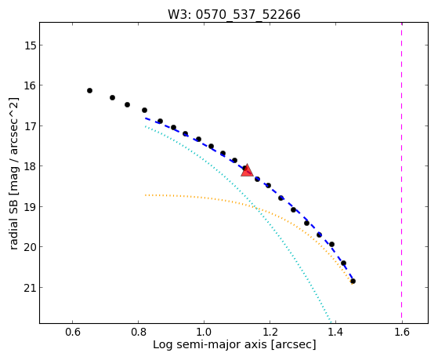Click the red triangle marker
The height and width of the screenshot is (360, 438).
pyautogui.click(x=247, y=171)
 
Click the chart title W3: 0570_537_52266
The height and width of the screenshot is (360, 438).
pyautogui.click(x=233, y=14)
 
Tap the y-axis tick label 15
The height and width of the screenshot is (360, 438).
pyautogui.click(x=30, y=45)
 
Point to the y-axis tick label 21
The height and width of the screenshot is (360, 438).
pyautogui.click(x=30, y=288)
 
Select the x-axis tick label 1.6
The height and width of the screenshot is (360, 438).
pyautogui.click(x=402, y=333)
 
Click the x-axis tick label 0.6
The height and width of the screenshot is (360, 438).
pyautogui.click(x=73, y=333)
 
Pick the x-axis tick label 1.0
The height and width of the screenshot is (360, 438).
pyautogui.click(x=205, y=333)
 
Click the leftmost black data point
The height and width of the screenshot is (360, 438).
pyautogui.click(x=89, y=91)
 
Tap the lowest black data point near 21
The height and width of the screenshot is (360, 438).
pyautogui.click(x=353, y=281)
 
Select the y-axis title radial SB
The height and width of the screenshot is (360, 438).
pyautogui.click(x=13, y=221)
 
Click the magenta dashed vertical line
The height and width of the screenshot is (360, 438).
pyautogui.click(x=402, y=173)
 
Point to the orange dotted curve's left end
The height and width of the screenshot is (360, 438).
pyautogui.click(x=145, y=195)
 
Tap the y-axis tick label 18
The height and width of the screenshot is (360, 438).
pyautogui.click(x=30, y=166)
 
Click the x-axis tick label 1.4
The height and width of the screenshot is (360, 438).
pyautogui.click(x=335, y=333)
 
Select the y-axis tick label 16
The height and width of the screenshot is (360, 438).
pyautogui.click(x=30, y=85)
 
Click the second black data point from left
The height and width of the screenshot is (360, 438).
pyautogui.click(x=112, y=97)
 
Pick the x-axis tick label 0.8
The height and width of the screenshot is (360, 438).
pyautogui.click(x=138, y=333)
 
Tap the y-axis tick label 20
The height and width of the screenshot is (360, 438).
pyautogui.click(x=30, y=247)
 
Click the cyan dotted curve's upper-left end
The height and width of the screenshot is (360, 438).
pyautogui.click(x=145, y=126)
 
